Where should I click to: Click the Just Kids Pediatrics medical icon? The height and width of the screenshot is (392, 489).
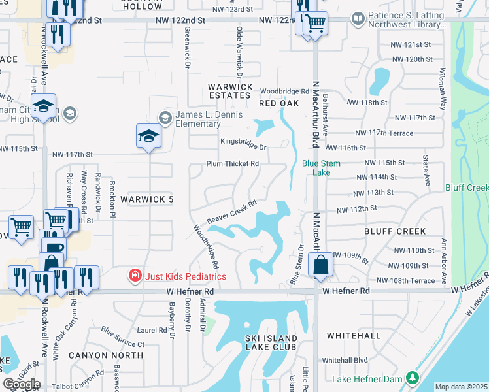click(x=135, y=276)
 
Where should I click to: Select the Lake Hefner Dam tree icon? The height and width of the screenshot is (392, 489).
click(x=412, y=378)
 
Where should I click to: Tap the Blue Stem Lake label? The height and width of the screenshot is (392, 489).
click(x=316, y=168)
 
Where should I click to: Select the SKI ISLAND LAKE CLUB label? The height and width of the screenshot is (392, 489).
click(x=271, y=342)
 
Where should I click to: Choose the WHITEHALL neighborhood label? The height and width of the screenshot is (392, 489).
click(x=353, y=336)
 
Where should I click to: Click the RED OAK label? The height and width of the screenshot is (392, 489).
click(x=278, y=103)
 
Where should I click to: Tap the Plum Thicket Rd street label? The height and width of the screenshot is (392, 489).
click(x=233, y=164)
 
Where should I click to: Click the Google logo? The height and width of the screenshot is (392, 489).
click(x=22, y=384)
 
